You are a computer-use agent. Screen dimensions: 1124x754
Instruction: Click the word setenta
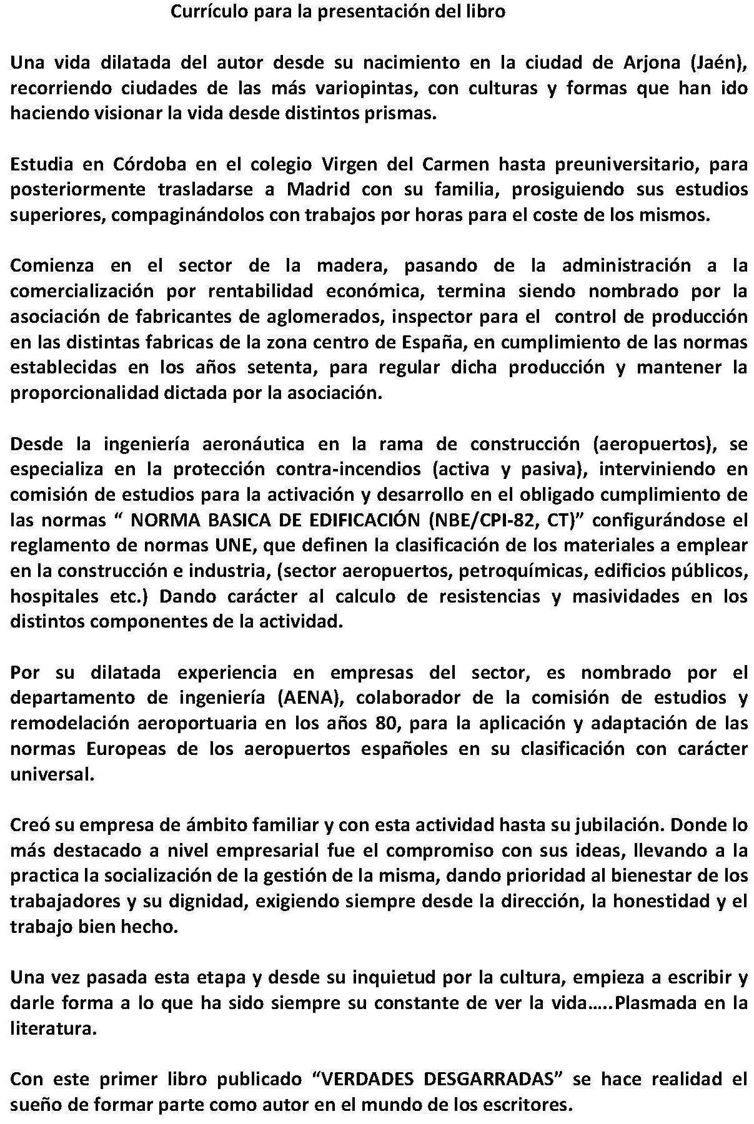280,368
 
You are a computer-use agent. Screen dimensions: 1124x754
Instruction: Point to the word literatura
53,1028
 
